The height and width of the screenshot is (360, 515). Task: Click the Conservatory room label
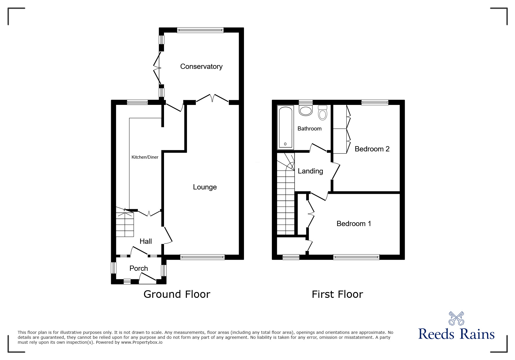click(201, 67)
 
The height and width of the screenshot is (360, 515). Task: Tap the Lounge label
click(205, 187)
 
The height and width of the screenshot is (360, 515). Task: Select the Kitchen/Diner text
click(145, 157)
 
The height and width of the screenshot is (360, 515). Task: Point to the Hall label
click(146, 241)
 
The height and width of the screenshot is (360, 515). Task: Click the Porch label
click(139, 268)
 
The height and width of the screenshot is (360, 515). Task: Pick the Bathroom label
click(309, 128)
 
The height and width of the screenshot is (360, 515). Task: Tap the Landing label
click(310, 171)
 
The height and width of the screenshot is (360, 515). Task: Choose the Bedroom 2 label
click(372, 149)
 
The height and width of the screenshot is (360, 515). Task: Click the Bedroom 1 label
click(354, 223)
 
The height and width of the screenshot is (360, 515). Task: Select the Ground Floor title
click(177, 294)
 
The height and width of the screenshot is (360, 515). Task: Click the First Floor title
click(337, 294)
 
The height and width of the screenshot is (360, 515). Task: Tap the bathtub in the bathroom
click(286, 128)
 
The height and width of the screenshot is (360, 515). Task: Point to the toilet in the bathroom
click(322, 112)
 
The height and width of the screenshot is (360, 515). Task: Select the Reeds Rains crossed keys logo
click(456, 318)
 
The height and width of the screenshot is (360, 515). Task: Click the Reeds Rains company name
click(456, 334)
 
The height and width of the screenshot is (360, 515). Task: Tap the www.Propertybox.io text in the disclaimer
click(142, 342)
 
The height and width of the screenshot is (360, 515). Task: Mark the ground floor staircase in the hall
click(125, 224)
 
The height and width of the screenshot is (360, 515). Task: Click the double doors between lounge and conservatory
click(212, 98)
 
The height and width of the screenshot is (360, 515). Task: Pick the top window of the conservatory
click(200, 30)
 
